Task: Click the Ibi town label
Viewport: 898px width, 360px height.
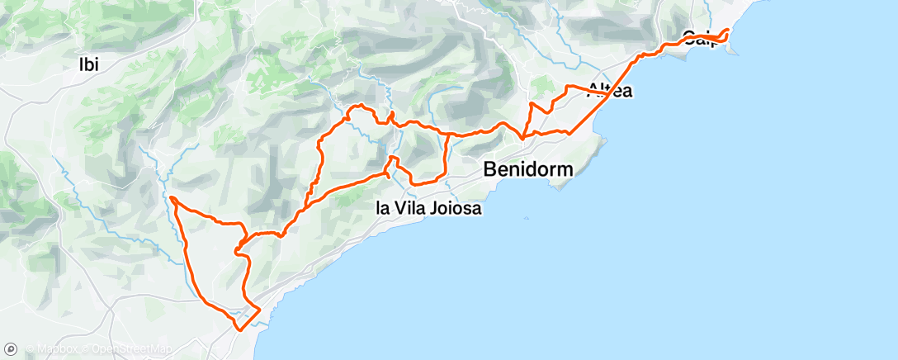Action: [x=88, y=64]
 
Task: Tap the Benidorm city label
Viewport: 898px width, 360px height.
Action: [x=528, y=169]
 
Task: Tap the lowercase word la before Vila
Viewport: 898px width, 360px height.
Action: [x=383, y=209]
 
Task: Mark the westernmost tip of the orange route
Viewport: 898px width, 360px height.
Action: [x=171, y=198]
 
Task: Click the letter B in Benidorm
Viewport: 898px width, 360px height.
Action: [x=490, y=169]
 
